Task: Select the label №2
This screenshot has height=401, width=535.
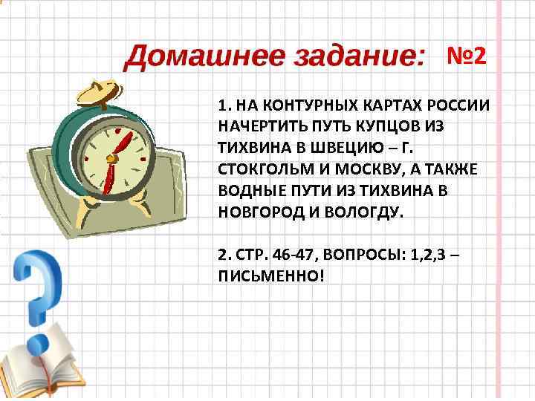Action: tap(466, 56)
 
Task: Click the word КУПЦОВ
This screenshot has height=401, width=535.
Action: tap(392, 126)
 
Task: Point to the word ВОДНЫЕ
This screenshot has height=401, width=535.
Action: tap(249, 190)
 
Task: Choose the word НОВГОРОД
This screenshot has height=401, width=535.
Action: tap(258, 211)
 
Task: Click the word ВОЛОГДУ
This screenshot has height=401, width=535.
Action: tap(365, 211)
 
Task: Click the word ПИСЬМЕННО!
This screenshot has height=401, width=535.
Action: tap(272, 275)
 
